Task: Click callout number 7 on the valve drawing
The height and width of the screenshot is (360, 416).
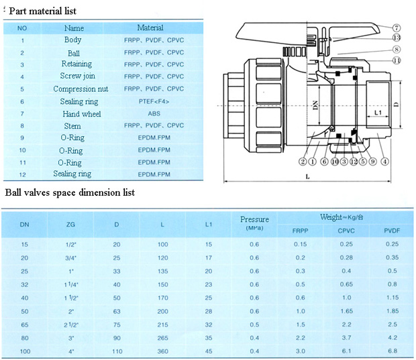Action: click(397, 27)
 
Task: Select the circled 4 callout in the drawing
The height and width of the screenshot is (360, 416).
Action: click(384, 161)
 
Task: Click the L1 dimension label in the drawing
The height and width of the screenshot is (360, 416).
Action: click(378, 113)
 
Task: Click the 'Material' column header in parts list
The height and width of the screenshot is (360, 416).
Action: click(150, 28)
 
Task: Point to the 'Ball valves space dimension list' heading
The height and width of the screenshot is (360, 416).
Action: click(70, 192)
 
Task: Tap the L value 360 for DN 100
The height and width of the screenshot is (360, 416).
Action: click(163, 351)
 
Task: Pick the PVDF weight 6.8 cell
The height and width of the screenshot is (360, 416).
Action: click(393, 351)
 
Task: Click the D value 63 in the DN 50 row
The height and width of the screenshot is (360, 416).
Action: click(117, 310)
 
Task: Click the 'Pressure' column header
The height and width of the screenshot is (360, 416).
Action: click(254, 219)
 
